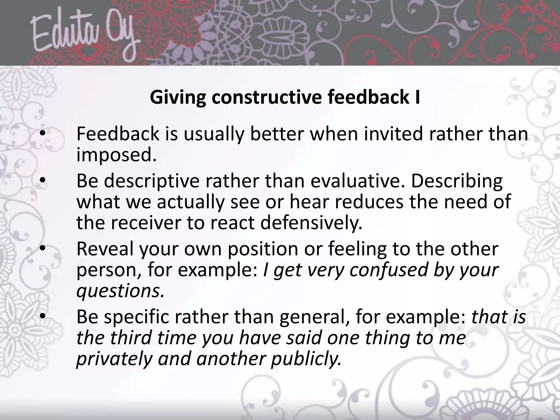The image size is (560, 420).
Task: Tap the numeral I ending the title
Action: pyautogui.click(x=417, y=97)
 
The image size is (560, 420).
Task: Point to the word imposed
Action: pyautogui.click(x=116, y=155)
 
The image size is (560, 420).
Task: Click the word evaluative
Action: pyautogui.click(x=354, y=181)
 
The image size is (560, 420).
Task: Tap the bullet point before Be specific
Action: pyautogui.click(x=43, y=316)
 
